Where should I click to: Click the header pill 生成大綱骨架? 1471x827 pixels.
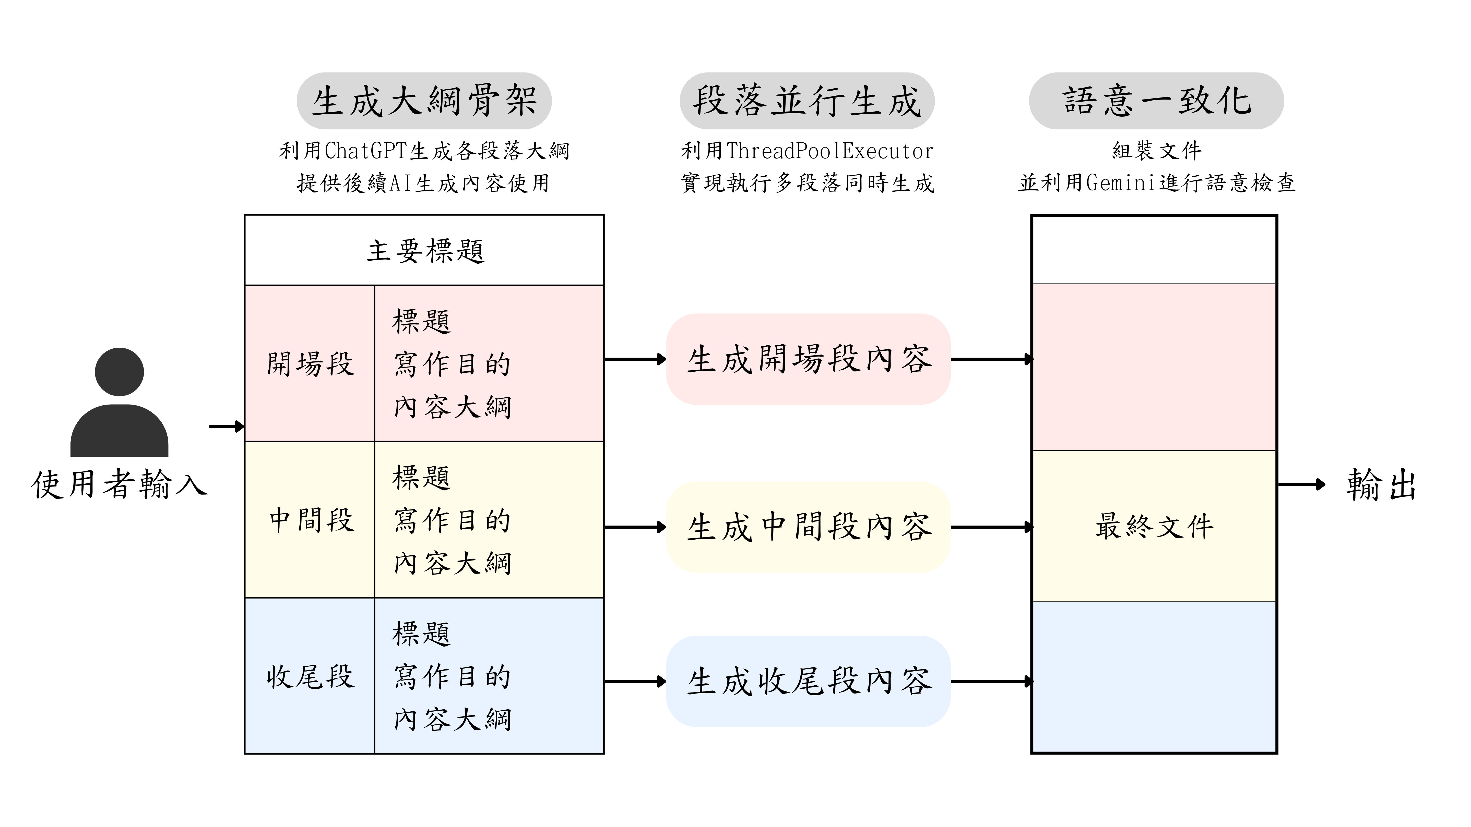click(424, 101)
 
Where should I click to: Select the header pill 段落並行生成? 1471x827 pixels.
click(806, 101)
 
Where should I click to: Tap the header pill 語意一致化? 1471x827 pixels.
click(1156, 101)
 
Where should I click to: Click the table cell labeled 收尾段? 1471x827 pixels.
click(310, 676)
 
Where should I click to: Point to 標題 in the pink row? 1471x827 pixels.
click(421, 321)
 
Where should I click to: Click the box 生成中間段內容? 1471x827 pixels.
click(808, 527)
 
